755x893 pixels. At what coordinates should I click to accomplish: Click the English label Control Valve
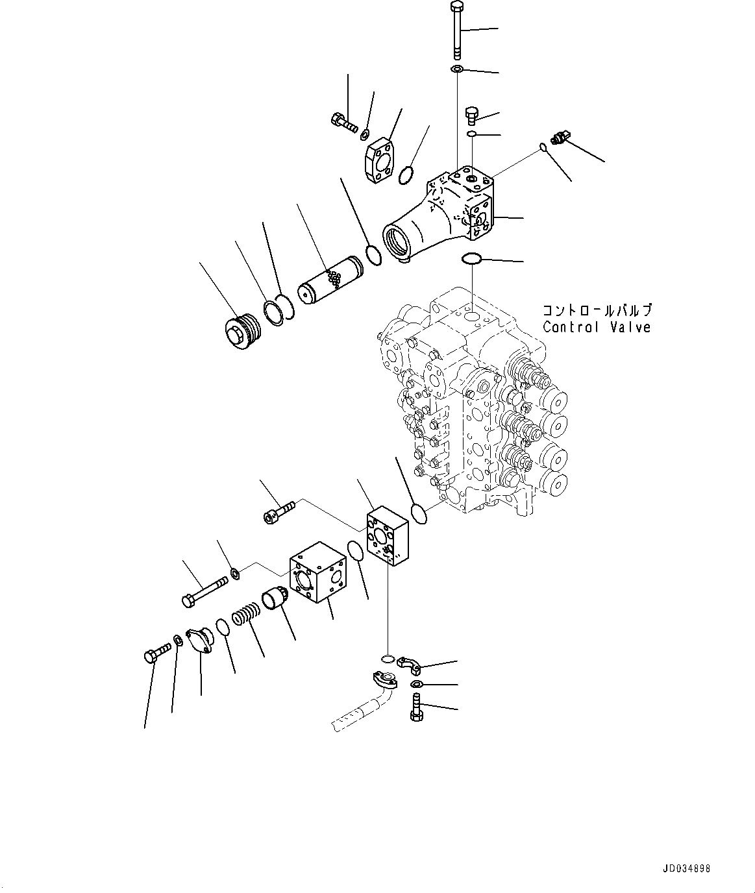coord(596,327)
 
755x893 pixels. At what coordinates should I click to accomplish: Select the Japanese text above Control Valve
coord(596,310)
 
